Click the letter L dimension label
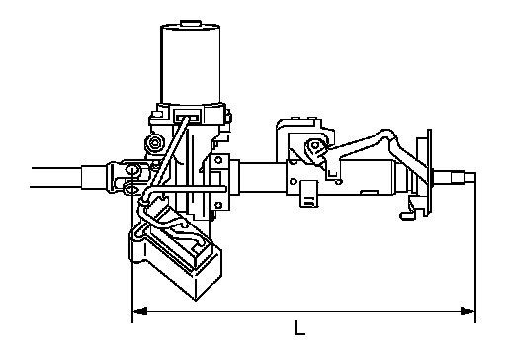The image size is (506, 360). coord(299,328)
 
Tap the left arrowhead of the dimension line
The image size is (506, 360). coord(139,311)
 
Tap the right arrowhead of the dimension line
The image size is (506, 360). coord(467,311)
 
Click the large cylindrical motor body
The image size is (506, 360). coord(191,63)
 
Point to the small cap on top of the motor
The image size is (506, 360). coord(191,23)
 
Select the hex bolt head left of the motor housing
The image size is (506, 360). coord(153,143)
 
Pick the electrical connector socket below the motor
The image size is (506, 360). coord(189,117)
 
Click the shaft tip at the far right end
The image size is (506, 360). coord(470,178)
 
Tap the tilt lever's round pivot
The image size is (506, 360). coord(315,145)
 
